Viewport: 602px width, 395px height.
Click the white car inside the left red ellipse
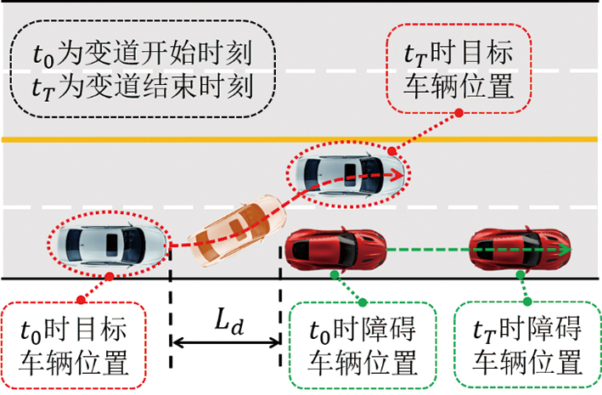pos(107,244)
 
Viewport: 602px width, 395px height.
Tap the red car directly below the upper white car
pos(338,249)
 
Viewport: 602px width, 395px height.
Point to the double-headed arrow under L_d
pos(226,343)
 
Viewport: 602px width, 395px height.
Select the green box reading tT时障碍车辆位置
pos(526,343)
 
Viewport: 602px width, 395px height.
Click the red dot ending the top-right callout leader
pos(459,111)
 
